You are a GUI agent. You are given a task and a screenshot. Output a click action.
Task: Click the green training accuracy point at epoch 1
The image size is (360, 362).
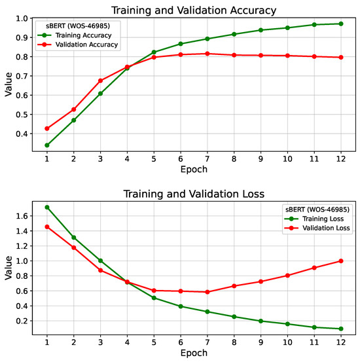click(x=46, y=145)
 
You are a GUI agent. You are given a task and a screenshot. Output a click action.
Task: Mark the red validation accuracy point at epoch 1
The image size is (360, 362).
click(x=46, y=128)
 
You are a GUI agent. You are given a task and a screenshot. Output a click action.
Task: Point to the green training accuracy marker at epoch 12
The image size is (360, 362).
click(x=340, y=24)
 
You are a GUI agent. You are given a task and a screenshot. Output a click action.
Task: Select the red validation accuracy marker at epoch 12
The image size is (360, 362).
click(x=340, y=57)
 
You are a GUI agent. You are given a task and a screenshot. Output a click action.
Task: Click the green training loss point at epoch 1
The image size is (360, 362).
click(x=46, y=207)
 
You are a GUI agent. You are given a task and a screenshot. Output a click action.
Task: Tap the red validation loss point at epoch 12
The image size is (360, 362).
click(x=340, y=261)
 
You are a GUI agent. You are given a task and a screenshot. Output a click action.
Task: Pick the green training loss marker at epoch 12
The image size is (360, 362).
click(x=340, y=329)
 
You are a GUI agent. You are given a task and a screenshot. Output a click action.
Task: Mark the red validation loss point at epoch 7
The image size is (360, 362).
click(x=207, y=292)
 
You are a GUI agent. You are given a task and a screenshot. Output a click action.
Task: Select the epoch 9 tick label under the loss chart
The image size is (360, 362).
click(x=261, y=342)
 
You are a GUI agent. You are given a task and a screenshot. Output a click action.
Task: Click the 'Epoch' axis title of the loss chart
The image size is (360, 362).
click(x=194, y=353)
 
